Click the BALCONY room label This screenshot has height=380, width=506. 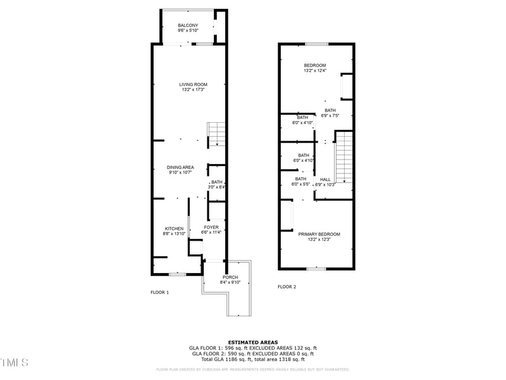pos(188,25)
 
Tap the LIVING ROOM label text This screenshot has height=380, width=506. pos(193,84)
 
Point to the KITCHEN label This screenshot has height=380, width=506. pos(174,229)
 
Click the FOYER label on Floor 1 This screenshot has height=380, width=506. pos(211,227)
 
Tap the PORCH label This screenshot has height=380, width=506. pos(230,277)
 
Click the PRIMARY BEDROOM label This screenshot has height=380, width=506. pos(319,234)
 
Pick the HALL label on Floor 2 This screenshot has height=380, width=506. pos(325,179)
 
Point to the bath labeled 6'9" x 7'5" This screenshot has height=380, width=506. pos(330,110)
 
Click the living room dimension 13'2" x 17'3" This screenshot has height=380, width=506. pos(193,90)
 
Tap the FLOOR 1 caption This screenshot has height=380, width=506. pos(159,293)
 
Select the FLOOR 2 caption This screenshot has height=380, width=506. pos(287,287)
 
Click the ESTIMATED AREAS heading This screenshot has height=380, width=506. pos(252,342)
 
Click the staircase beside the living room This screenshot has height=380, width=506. pos(217,134)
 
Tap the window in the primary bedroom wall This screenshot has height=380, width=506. pos(316,269)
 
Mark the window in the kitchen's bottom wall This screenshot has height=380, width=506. pos(177,274)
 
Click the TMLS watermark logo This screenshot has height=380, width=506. pos(15,362)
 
